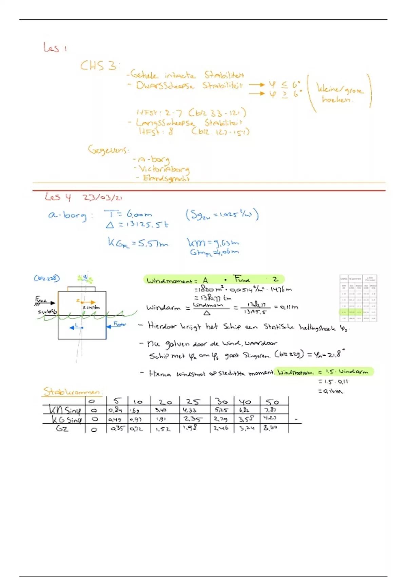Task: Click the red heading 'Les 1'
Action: click(54, 48)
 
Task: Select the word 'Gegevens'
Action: click(108, 149)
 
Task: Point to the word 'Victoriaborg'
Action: click(163, 169)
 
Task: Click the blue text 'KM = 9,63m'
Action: click(213, 242)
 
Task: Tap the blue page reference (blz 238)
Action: click(47, 278)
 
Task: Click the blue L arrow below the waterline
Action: click(76, 328)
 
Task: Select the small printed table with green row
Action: click(358, 298)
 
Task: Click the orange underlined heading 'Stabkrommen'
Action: click(72, 392)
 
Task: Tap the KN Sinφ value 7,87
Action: click(270, 410)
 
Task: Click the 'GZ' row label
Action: click(62, 429)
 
